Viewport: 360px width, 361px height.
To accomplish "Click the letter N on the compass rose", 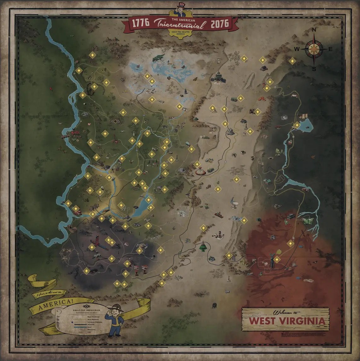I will (314, 30).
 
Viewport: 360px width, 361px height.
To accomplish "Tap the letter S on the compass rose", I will (314, 68).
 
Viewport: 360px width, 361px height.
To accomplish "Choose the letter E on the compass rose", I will (331, 49).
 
